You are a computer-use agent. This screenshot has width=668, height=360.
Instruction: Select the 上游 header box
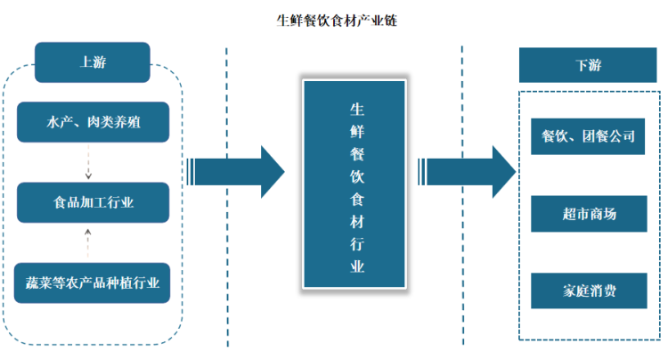(92, 62)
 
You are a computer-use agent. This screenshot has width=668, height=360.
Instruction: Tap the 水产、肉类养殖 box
(92, 123)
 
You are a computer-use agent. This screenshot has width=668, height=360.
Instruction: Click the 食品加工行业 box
(92, 202)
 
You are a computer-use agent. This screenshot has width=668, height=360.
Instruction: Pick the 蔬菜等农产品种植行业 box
(92, 282)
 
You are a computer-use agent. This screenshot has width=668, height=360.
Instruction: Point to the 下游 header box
(582, 66)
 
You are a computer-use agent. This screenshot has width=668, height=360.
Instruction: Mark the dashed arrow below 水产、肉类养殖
(87, 162)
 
